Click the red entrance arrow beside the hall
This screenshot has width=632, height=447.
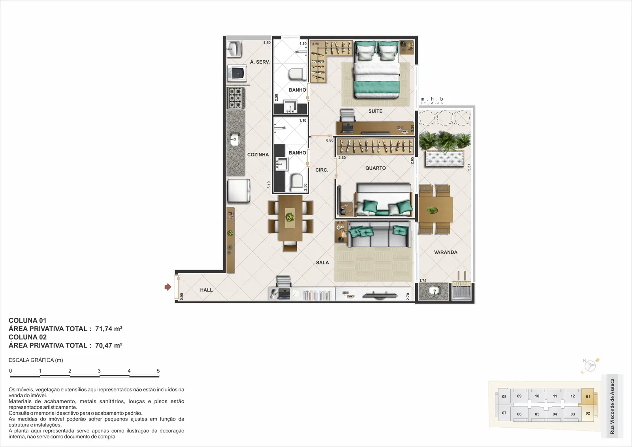(x=168, y=287)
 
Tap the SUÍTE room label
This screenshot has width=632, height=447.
(x=375, y=111)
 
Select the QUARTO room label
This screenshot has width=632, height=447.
(x=375, y=168)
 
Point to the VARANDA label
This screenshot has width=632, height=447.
(x=446, y=252)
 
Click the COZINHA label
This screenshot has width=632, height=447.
(x=258, y=154)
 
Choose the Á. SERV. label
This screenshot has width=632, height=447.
(x=260, y=62)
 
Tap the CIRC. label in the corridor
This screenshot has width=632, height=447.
(x=322, y=170)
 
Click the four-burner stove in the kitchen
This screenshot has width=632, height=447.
(x=236, y=98)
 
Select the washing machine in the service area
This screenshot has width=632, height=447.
(x=237, y=73)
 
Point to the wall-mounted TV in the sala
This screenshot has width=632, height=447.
(x=380, y=295)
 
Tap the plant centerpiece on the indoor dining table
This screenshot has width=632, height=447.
(x=290, y=217)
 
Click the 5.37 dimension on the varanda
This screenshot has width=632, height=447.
(x=469, y=167)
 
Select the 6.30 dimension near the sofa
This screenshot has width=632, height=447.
(x=341, y=223)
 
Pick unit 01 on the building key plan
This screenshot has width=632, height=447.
(x=588, y=396)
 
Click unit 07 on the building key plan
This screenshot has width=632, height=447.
(x=504, y=413)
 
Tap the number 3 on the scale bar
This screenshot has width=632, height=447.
(x=99, y=371)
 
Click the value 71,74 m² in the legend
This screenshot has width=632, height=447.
(x=109, y=329)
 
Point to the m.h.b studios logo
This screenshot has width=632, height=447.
(x=432, y=101)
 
